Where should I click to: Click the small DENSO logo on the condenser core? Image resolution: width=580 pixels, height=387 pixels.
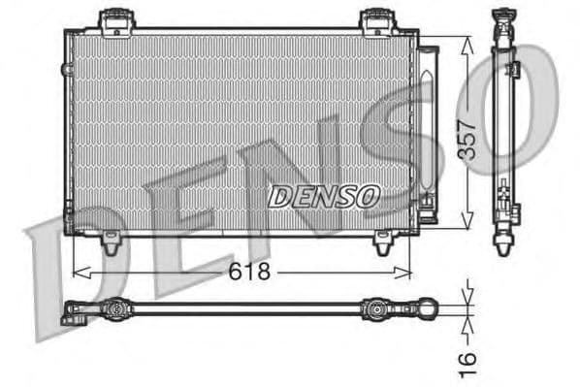point(323,197)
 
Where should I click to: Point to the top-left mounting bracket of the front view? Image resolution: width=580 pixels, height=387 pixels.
point(115,18)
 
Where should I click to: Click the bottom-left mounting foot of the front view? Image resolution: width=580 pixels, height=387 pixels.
point(113,244)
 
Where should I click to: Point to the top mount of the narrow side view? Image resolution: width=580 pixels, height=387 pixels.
point(503,16)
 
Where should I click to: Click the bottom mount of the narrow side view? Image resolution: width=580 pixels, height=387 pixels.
point(503,242)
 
